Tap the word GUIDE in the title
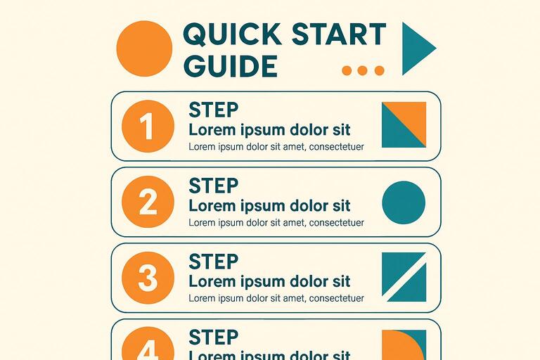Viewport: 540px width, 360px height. click(229, 67)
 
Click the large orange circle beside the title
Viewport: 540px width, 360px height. click(144, 49)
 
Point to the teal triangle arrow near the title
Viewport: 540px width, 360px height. click(416, 49)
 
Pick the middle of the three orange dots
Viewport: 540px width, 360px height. click(363, 70)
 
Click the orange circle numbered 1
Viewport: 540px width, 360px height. click(148, 127)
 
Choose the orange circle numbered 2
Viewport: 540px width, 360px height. click(148, 202)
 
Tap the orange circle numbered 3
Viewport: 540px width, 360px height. click(148, 278)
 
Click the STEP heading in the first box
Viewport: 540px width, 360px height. click(214, 110)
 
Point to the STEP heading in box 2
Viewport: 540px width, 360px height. click(214, 186)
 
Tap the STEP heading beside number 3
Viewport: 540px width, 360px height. click(214, 262)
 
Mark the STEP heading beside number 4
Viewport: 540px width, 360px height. click(214, 337)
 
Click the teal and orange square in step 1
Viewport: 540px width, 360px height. click(404, 124)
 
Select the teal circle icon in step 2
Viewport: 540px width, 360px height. click(404, 202)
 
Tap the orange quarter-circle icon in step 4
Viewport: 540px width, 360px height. click(404, 345)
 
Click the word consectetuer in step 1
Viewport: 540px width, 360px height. click(337, 147)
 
